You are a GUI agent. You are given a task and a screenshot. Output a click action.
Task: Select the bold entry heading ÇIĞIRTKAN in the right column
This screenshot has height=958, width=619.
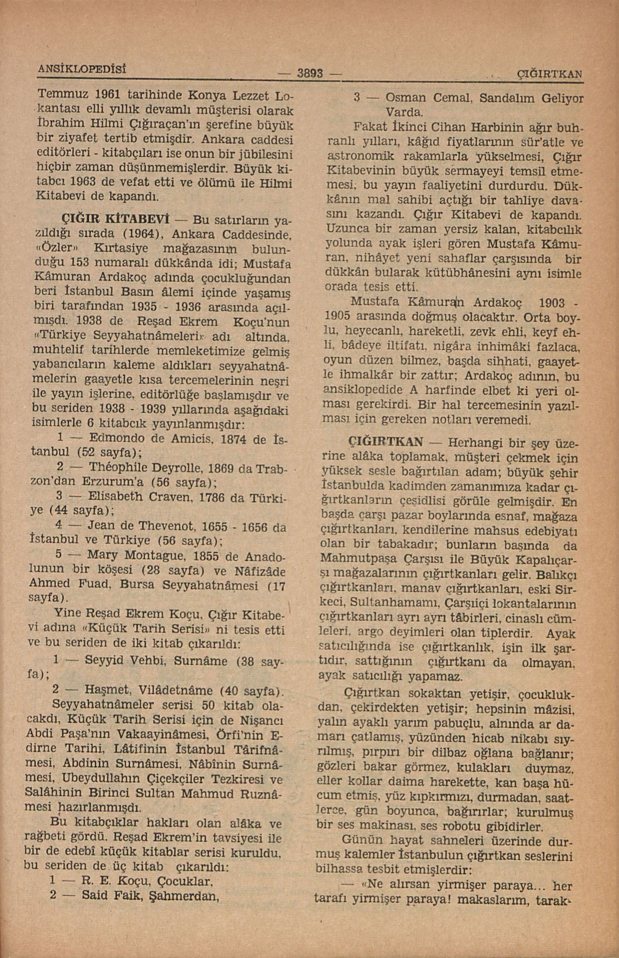pyautogui.click(x=386, y=443)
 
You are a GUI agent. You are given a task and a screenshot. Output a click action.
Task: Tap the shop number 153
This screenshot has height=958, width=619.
pyautogui.click(x=71, y=264)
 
